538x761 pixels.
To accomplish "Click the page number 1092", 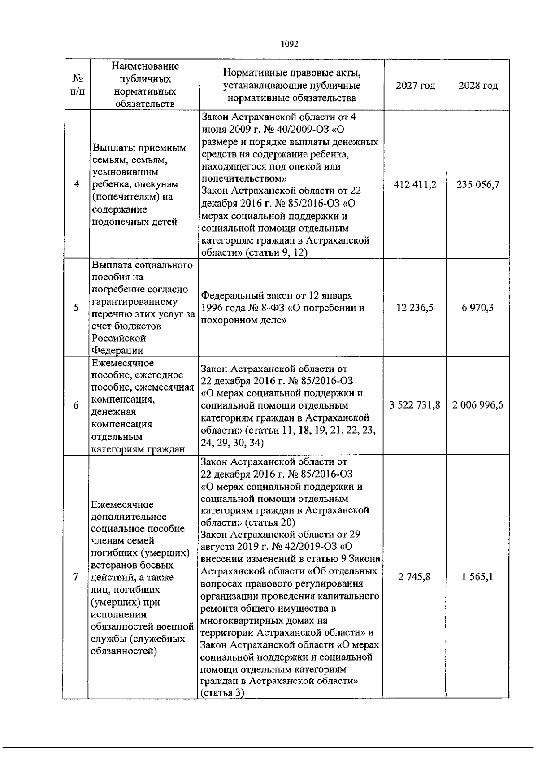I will click(x=289, y=44).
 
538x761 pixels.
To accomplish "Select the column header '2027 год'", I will click(x=415, y=85).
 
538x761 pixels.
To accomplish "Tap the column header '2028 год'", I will click(x=478, y=85).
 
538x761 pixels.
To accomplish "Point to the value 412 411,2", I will click(x=415, y=184).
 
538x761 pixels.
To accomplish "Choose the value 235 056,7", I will click(x=478, y=184).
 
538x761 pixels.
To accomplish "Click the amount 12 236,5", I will click(x=415, y=308).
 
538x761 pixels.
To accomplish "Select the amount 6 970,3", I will click(x=478, y=308).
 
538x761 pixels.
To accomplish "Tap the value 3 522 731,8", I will click(x=415, y=405).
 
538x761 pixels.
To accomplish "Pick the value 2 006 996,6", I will click(x=478, y=405).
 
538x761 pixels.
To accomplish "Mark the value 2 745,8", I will click(x=415, y=577).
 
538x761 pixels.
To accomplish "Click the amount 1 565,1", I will click(x=478, y=577).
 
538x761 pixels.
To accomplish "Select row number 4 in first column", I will click(x=77, y=184).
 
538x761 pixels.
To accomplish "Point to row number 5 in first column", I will click(x=77, y=308).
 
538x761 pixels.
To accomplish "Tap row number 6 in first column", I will click(x=77, y=405).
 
